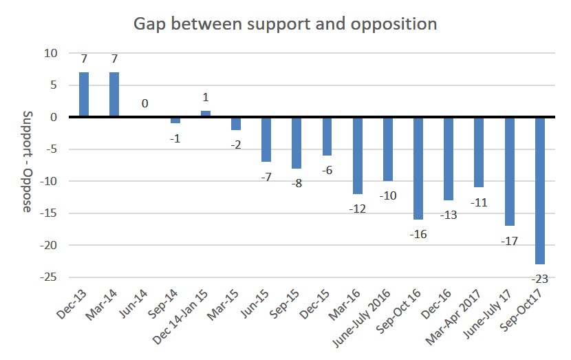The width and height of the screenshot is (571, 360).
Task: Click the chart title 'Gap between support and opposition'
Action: click(285, 23)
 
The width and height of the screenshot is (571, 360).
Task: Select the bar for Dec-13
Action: click(84, 94)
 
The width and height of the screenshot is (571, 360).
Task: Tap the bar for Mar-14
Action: click(114, 94)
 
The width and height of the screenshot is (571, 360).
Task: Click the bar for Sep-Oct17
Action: click(540, 190)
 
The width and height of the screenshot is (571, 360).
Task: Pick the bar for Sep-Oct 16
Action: click(418, 168)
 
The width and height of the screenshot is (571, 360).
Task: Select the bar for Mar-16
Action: click(358, 155)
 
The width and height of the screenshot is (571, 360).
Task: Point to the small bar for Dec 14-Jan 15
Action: click(206, 114)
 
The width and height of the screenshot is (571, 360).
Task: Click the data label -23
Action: click(540, 278)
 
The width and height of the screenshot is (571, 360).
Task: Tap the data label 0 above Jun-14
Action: click(145, 104)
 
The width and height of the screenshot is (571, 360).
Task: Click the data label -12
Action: click(358, 207)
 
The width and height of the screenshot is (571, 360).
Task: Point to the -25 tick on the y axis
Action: click(50, 277)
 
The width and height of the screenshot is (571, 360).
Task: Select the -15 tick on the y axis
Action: click(50, 213)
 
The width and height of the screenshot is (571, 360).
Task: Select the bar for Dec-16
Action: click(449, 158)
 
